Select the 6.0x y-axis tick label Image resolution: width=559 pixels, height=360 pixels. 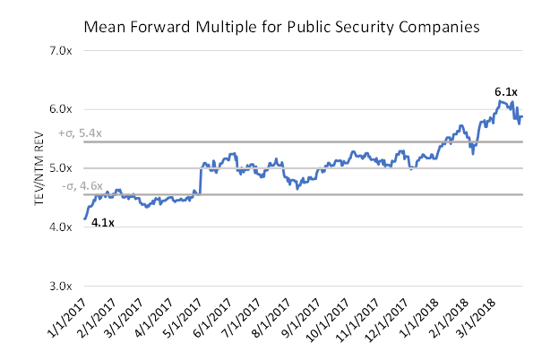point(59,109)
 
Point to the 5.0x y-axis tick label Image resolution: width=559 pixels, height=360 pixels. point(59,168)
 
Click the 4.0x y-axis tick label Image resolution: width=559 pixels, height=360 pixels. point(59,227)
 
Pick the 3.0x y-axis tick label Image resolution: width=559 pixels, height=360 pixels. point(59,287)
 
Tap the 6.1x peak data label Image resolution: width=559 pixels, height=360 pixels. point(506,91)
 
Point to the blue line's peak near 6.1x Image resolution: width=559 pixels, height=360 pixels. point(503,102)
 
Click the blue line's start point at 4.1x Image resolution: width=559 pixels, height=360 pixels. point(85,219)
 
